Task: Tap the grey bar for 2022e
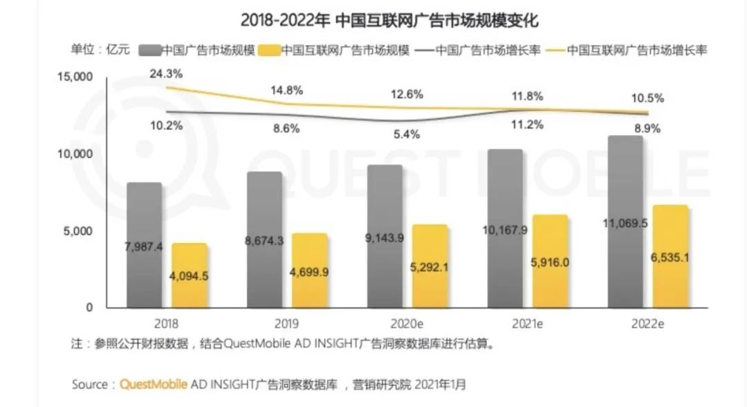(x=625, y=221)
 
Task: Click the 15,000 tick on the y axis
(x=73, y=77)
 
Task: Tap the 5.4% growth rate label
(x=407, y=135)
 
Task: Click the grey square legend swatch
(x=150, y=51)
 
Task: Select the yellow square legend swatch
(x=270, y=51)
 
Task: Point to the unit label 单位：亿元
(x=100, y=50)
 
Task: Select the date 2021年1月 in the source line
(x=441, y=383)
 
